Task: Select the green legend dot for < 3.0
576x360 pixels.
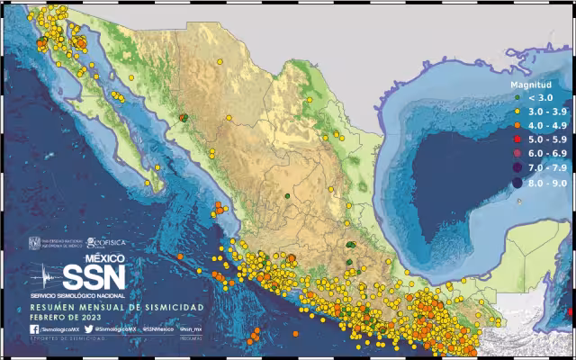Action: click(x=519, y=96)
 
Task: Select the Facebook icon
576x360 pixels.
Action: click(x=33, y=329)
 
